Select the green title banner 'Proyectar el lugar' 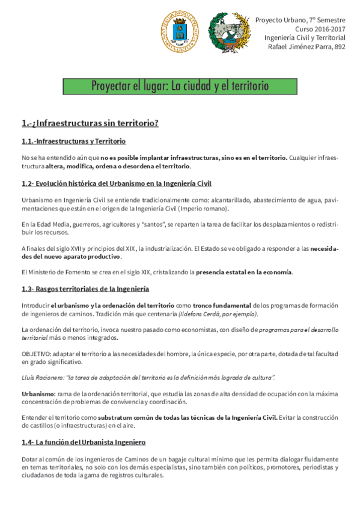tap(180, 86)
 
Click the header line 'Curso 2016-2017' tap(320, 28)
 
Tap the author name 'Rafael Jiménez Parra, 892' tap(307, 46)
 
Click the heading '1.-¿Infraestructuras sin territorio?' tap(90, 123)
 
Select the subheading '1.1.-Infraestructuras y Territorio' tap(73, 141)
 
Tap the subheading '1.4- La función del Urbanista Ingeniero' tap(84, 442)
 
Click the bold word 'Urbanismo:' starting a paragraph tap(38, 393)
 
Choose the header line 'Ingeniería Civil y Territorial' tap(305, 37)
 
